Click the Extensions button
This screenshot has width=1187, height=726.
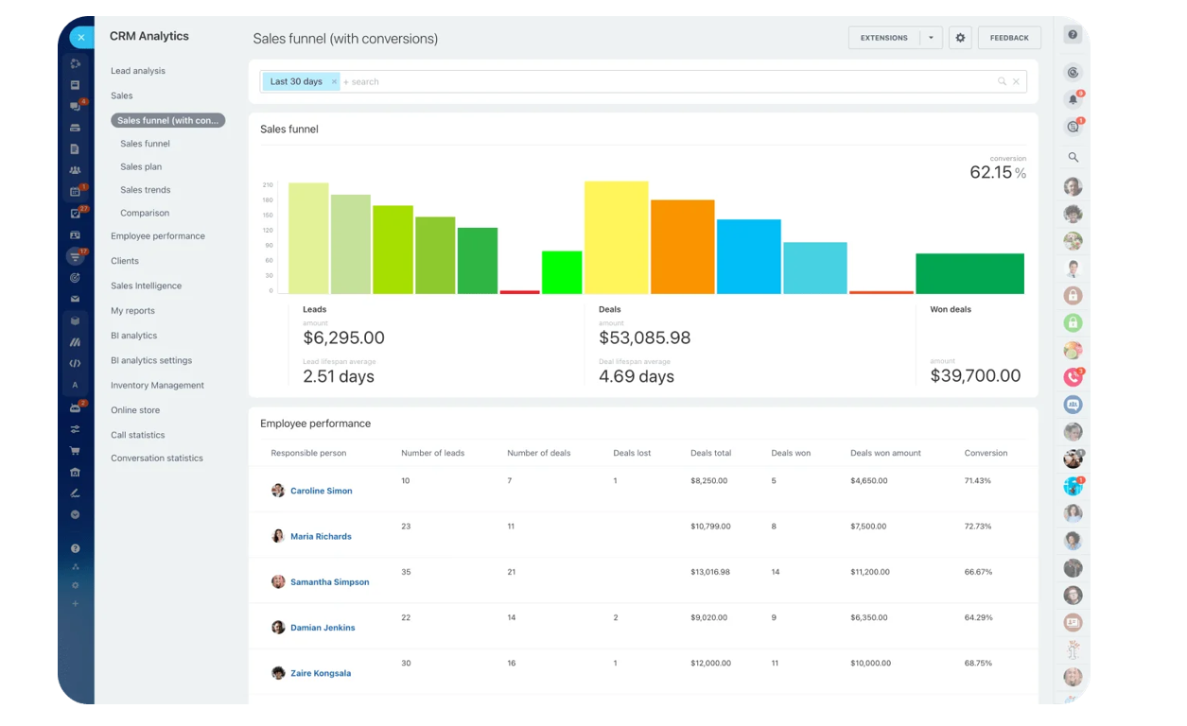click(x=883, y=38)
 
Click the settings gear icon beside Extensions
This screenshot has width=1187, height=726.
click(x=960, y=38)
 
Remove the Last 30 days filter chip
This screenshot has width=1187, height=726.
click(x=334, y=82)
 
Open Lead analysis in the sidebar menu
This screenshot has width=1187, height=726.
click(x=138, y=71)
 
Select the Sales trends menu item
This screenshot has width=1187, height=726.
click(x=146, y=190)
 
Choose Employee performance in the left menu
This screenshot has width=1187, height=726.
click(x=158, y=236)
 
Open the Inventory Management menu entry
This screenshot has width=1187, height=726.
click(x=157, y=386)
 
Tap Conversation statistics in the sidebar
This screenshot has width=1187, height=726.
click(x=157, y=458)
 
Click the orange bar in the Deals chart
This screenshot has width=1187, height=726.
click(x=682, y=247)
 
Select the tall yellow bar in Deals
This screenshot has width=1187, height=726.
click(x=616, y=237)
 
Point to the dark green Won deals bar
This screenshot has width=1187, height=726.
click(x=969, y=273)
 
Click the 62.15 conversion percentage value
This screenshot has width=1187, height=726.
click(x=990, y=173)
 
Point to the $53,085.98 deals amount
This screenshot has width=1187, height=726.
click(x=645, y=337)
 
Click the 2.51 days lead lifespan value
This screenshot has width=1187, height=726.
click(x=339, y=376)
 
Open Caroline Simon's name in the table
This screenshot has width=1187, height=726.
click(x=321, y=491)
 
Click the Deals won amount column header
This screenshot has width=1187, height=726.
click(x=885, y=453)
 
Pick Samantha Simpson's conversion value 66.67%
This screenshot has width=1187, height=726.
click(x=978, y=572)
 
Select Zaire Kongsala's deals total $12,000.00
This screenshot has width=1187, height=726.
click(x=710, y=663)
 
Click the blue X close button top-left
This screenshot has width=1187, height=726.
click(x=81, y=38)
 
